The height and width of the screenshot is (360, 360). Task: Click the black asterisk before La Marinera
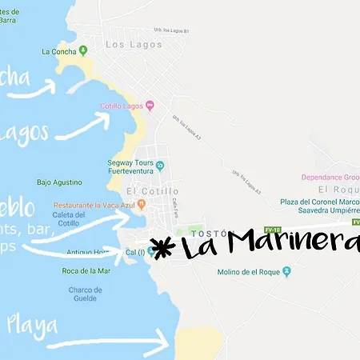pyautogui.click(x=162, y=247)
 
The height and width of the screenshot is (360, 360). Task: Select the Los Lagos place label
pyautogui.click(x=128, y=45)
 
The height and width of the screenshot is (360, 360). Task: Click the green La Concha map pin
pyautogui.click(x=81, y=50)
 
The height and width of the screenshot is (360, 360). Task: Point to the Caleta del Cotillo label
pyautogui.click(x=68, y=218)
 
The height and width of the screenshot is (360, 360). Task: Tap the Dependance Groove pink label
pyautogui.click(x=330, y=177)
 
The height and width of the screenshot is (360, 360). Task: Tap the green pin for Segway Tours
pyautogui.click(x=160, y=166)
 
